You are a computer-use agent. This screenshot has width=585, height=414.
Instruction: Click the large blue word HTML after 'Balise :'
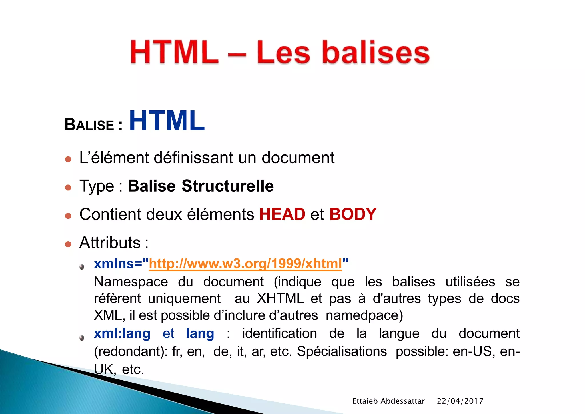(167, 121)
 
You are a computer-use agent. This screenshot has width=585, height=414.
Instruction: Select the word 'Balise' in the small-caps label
(89, 125)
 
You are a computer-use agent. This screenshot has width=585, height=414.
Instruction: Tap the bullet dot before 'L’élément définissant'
(68, 159)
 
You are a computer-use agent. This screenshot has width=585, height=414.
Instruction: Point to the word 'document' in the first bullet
(298, 158)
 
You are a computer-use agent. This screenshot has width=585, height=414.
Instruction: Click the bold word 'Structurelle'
(228, 186)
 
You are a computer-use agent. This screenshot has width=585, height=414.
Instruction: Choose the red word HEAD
(282, 214)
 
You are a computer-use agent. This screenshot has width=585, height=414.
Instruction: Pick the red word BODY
(353, 214)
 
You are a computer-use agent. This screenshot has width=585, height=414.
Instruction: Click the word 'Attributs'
(110, 243)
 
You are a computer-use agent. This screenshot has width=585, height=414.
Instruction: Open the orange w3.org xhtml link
(245, 264)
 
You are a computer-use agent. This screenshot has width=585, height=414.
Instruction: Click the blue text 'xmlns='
(118, 264)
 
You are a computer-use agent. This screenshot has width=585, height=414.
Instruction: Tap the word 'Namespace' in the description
(131, 282)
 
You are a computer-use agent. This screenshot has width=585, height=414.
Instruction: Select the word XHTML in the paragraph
(280, 299)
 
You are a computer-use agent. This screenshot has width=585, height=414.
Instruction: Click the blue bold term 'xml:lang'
(122, 334)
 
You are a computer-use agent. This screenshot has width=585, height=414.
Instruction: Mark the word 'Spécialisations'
(342, 351)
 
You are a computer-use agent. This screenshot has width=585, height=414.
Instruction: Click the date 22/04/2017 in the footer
(460, 401)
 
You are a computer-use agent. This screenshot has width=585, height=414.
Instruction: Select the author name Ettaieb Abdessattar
(388, 401)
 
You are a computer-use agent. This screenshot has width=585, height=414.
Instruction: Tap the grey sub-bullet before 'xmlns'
(82, 267)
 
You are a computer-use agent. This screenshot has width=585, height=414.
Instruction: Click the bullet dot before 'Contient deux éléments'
(68, 216)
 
